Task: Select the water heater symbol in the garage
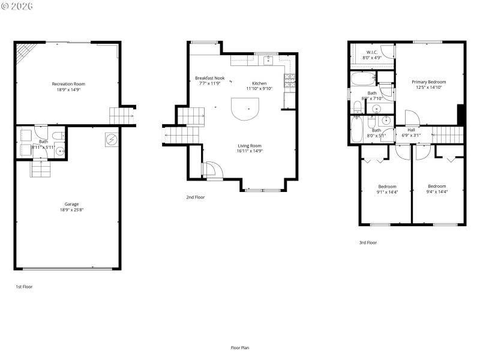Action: [x=111, y=139]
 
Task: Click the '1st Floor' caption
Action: [x=24, y=287]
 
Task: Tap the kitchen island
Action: [x=245, y=109]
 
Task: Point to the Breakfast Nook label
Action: [x=209, y=78]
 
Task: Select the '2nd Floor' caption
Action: [x=195, y=197]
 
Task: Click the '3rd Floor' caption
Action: [x=368, y=243]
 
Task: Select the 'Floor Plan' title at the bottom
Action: [x=240, y=347]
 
